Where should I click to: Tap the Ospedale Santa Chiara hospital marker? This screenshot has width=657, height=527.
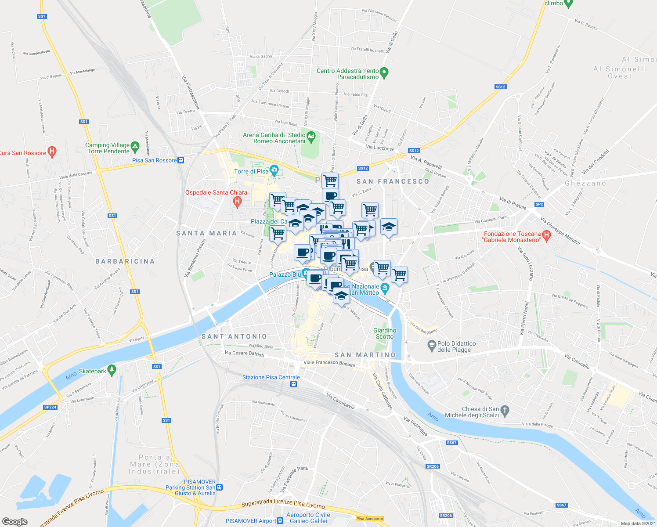click(237, 202)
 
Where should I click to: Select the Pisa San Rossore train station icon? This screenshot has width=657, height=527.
click(180, 160)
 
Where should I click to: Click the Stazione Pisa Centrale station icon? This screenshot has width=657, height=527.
click(293, 384)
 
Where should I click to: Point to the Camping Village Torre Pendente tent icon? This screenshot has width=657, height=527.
click(135, 146)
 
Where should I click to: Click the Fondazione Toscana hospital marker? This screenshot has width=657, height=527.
click(546, 236)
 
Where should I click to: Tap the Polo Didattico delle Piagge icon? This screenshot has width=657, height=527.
click(432, 345)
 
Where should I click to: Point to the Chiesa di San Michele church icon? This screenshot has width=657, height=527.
click(505, 411)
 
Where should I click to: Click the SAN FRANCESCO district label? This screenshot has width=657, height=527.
click(393, 181)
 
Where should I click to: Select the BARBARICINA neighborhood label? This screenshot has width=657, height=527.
click(125, 261)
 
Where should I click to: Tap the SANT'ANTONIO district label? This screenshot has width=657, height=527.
click(234, 336)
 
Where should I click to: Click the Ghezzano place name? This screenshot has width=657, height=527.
click(585, 184)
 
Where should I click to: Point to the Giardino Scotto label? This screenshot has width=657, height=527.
click(385, 333)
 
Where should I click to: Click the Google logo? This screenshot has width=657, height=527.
click(14, 521)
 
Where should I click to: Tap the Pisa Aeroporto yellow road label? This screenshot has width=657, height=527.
click(370, 519)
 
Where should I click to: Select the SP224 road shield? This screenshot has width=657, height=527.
click(51, 407)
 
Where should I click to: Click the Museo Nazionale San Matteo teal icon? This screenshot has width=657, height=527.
click(385, 288)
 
